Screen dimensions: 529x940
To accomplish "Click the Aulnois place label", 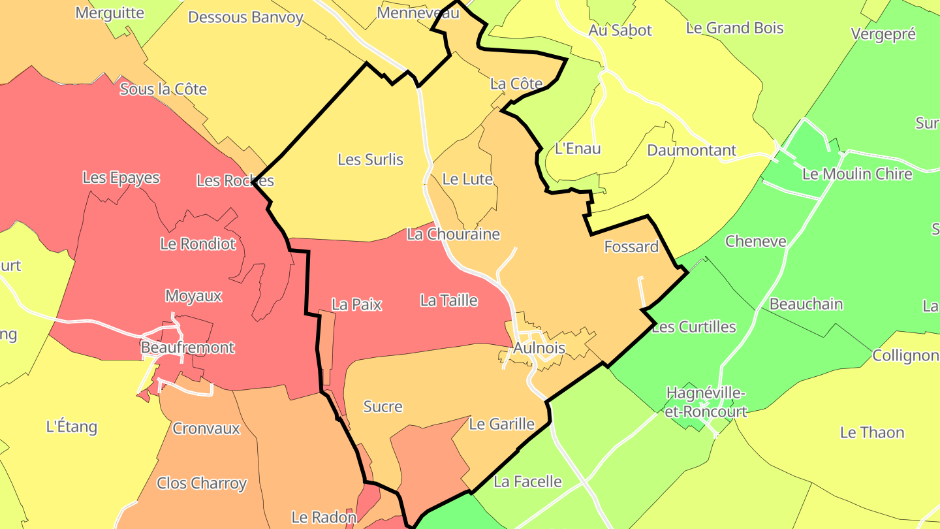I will click(x=539, y=348).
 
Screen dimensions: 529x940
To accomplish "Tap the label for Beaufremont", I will click(x=187, y=347).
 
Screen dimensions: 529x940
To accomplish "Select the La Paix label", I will click(x=356, y=304).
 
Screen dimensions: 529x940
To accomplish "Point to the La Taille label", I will click(x=449, y=300).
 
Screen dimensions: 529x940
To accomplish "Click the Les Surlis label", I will click(x=371, y=159).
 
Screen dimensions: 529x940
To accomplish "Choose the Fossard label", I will click(x=631, y=247).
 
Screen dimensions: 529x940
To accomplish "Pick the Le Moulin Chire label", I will click(x=857, y=174).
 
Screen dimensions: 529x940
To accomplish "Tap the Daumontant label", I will click(x=691, y=150).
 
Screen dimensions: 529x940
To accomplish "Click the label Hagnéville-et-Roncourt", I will click(x=706, y=402).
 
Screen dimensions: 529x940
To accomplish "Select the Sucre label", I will click(x=383, y=407).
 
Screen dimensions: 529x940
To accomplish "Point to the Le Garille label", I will click(x=502, y=425).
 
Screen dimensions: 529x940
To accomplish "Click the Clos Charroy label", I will click(x=202, y=483).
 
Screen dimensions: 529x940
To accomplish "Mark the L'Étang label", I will click(x=72, y=427).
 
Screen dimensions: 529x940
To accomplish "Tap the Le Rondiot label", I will click(x=198, y=244).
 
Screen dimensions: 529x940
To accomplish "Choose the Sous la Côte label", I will click(x=163, y=89).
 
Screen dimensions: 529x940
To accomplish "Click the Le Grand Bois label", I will click(x=734, y=28).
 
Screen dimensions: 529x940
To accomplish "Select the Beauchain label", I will click(x=806, y=304).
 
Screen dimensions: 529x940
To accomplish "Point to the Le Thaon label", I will click(x=872, y=433).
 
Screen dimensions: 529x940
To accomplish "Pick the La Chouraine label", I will click(x=453, y=234).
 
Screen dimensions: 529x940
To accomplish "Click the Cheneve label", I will click(x=756, y=242).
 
